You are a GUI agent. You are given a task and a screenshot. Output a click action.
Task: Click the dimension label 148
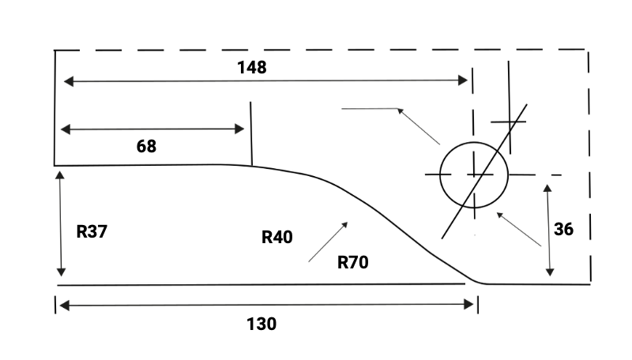[x=252, y=67]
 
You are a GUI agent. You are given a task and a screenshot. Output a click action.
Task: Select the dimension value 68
[x=146, y=146]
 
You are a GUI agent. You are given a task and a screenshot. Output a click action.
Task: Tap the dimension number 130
[x=261, y=324]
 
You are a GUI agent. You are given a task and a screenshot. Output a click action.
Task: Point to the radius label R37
[x=92, y=232]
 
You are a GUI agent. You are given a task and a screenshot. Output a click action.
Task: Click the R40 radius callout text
[x=277, y=236]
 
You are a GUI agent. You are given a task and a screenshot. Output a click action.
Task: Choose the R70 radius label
[x=353, y=262]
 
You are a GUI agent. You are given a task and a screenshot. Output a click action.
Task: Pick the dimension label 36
[x=563, y=230]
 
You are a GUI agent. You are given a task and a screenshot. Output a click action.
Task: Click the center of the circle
[x=473, y=174]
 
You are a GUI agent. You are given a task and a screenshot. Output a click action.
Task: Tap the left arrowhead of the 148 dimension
[x=67, y=81]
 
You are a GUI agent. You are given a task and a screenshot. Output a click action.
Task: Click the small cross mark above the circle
[x=509, y=122]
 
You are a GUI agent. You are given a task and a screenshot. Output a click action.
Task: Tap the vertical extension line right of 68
[x=250, y=134]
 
